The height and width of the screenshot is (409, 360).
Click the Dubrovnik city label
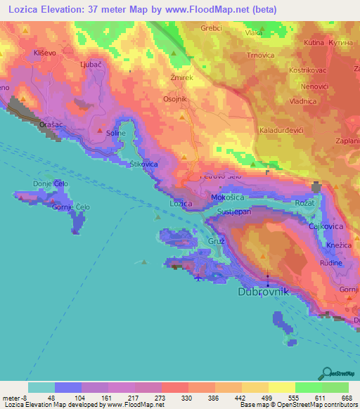pyautogui.click(x=264, y=292)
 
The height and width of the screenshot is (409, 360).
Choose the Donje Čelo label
pyautogui.click(x=49, y=184)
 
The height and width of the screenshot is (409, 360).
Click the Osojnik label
pyautogui.click(x=175, y=99)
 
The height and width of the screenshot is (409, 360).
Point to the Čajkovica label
pyautogui.click(x=326, y=226)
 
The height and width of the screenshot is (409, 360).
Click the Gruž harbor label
pyautogui.click(x=216, y=241)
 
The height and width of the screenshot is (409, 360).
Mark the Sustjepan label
pyautogui.click(x=235, y=211)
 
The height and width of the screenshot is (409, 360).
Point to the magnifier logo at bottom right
pyautogui.click(x=326, y=372)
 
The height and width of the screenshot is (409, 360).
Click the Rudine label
pyautogui.click(x=331, y=263)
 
